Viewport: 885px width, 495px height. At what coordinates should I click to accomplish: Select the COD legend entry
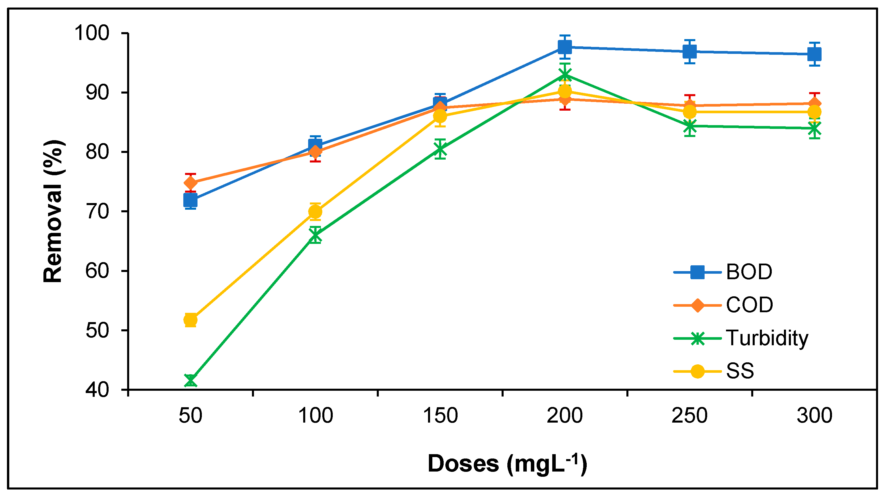749,305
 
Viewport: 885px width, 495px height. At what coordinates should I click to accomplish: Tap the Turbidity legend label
767,338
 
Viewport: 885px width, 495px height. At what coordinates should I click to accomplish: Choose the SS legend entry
740,371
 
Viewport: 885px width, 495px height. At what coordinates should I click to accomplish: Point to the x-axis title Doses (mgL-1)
507,464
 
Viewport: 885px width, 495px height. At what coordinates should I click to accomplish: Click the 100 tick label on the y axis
92,33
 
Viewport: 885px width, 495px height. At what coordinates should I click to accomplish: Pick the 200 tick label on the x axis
564,416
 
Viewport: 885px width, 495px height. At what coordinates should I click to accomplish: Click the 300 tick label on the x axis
814,416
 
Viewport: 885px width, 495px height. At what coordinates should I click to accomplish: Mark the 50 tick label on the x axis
190,416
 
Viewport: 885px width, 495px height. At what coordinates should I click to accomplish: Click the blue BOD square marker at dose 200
565,47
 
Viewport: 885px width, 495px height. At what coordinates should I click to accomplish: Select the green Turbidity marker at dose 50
190,381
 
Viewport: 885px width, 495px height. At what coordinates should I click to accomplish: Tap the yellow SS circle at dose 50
190,320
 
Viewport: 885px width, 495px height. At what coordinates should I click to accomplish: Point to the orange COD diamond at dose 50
190,183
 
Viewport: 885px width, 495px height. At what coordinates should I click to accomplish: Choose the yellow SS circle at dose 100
315,212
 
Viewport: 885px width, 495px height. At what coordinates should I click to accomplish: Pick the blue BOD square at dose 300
814,54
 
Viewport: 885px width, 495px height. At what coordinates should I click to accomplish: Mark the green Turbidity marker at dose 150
440,149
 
